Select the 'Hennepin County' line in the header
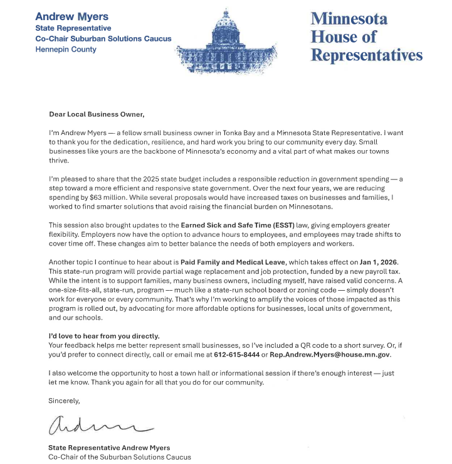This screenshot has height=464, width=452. click(x=66, y=49)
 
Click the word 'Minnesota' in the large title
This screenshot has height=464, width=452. click(x=349, y=18)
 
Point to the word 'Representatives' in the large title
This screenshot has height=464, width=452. click(x=367, y=55)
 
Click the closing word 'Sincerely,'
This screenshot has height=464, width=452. click(x=65, y=399)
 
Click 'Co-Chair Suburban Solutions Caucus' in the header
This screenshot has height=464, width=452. click(x=103, y=38)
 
